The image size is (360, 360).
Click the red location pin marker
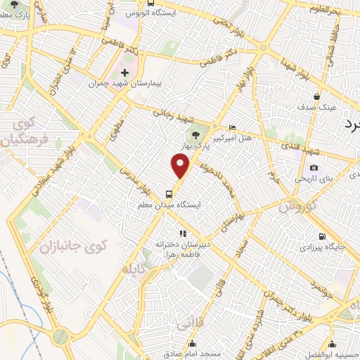(x=181, y=166)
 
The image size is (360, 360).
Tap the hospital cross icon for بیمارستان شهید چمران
(x=124, y=72)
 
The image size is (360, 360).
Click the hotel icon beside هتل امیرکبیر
(x=233, y=127)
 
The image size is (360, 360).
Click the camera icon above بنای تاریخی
(x=314, y=168)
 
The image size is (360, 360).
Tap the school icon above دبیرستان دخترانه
(x=182, y=233)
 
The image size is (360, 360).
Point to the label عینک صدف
(x=321, y=108)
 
